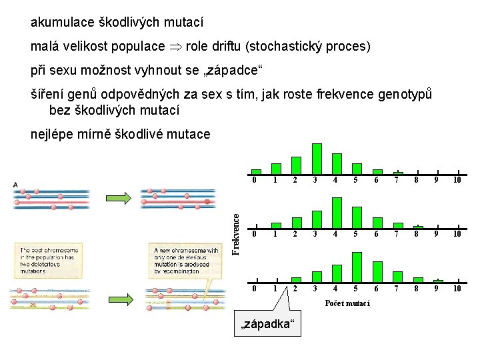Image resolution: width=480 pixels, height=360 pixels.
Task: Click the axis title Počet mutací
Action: click(347, 304)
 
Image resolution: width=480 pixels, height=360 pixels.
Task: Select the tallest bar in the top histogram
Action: click(317, 158)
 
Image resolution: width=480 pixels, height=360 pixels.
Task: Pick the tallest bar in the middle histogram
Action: click(337, 213)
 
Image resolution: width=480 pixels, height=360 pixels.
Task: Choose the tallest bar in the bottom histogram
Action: click(357, 267)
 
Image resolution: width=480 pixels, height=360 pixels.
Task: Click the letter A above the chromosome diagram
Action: click(15, 185)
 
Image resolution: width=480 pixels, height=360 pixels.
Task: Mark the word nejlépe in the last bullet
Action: click(53, 134)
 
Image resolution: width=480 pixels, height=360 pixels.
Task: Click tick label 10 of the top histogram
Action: click(457, 179)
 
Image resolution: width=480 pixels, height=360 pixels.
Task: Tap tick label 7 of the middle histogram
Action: click(397, 234)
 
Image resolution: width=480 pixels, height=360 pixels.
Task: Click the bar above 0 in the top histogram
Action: click(256, 172)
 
